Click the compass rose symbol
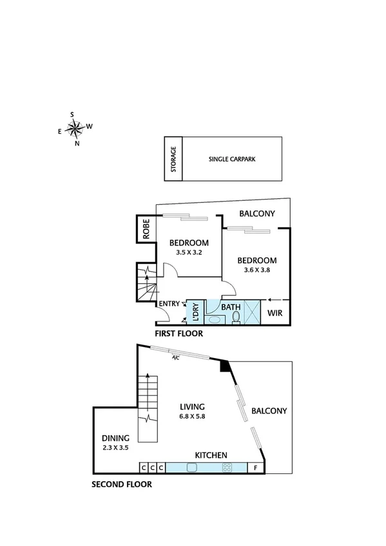coord(75,129)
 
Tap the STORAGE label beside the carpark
coord(173,160)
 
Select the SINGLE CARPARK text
coord(232,159)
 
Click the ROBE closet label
coord(146,229)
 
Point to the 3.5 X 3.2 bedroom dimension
coord(188,252)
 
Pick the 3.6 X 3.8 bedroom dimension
coord(256,270)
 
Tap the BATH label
coord(231,307)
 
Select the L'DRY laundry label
coord(195,312)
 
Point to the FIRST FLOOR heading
coord(179,334)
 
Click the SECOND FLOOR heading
coord(121,484)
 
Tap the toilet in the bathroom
coord(236,317)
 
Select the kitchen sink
coord(192,467)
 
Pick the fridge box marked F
coord(256,468)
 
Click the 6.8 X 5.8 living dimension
coord(193,417)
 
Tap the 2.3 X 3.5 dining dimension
coord(115,447)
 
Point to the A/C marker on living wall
coord(175,359)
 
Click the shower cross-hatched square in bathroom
coord(251,312)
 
